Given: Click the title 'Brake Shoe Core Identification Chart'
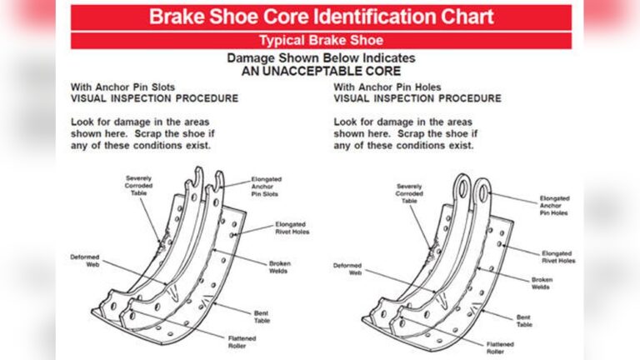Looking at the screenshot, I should pos(321,17).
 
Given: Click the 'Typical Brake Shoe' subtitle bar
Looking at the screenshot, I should pos(321,40).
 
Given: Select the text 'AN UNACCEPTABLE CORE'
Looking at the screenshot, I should pos(321,72).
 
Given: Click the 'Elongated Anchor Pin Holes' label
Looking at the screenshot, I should pos(554,205).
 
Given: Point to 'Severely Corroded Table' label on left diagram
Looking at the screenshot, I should pos(140,185).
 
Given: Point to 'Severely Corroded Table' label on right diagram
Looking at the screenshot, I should pos(409,193).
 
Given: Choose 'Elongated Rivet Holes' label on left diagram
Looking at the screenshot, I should pos(292,229).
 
